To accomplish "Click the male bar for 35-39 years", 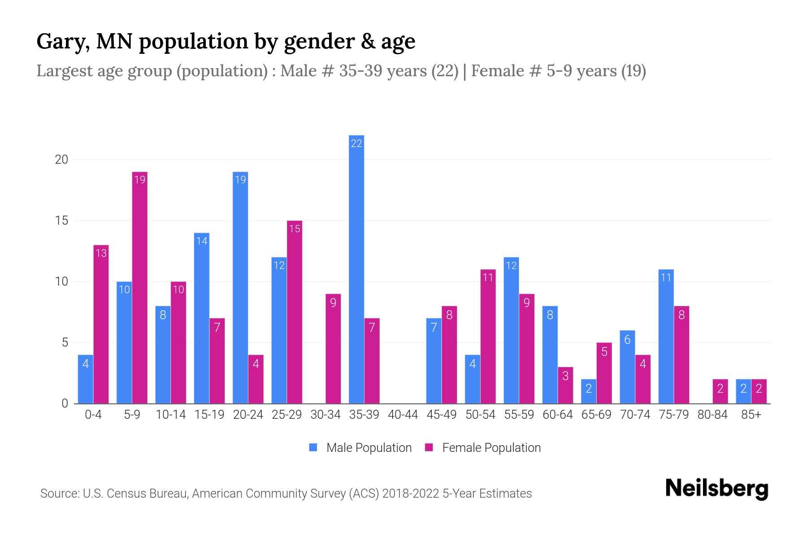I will [356, 269].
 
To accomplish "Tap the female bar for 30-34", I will [333, 349].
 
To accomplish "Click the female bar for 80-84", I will [720, 391].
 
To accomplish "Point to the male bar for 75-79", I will [666, 336].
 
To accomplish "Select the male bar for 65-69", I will [589, 391].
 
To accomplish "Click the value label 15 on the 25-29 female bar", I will [295, 229].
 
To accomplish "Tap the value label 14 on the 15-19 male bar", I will [202, 241].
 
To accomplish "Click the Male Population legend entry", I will [361, 447].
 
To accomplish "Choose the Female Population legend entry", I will [483, 447].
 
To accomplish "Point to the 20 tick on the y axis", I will [61, 160].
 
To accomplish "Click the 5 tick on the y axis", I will [65, 343].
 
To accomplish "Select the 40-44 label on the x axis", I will [403, 415].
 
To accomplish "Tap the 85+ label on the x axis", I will [751, 415].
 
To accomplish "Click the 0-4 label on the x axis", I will [93, 415].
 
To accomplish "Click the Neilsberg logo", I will [716, 488].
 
